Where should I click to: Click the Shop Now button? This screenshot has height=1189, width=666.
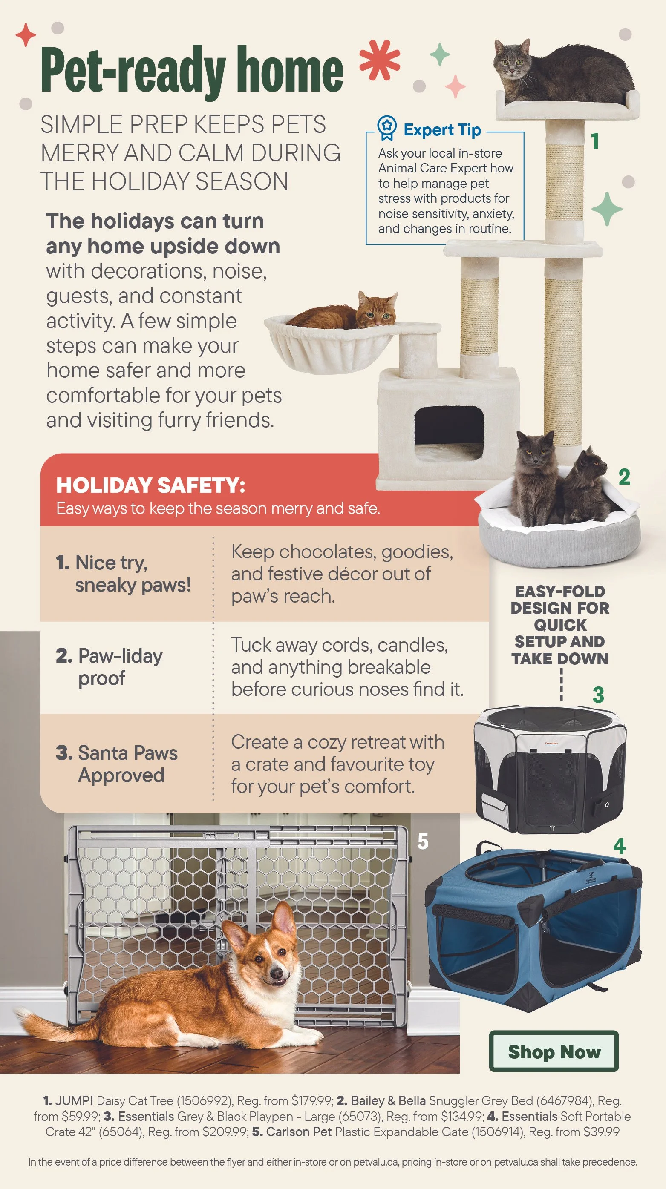[554, 1052]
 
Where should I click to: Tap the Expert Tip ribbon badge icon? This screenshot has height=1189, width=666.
[386, 127]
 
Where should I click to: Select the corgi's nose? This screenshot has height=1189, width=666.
[277, 974]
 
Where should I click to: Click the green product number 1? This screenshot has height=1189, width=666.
[595, 141]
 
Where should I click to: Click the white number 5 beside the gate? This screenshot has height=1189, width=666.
[423, 841]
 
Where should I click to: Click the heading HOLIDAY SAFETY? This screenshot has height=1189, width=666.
[150, 485]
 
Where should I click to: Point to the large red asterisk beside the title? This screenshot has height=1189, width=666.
[380, 60]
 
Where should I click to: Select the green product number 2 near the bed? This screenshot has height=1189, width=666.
[624, 477]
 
